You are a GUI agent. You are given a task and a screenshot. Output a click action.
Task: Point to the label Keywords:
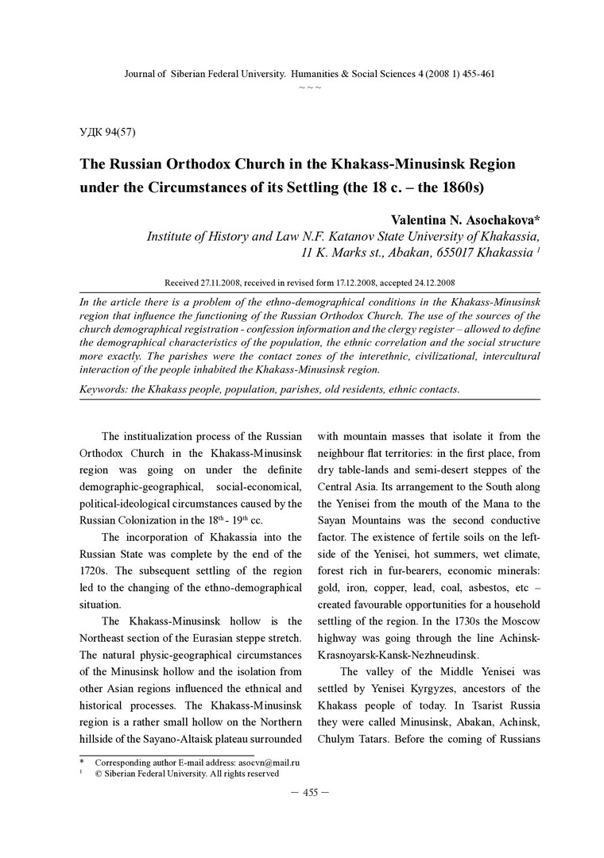[x=107, y=389]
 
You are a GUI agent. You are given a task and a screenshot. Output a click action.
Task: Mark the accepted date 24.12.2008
[x=428, y=282]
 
